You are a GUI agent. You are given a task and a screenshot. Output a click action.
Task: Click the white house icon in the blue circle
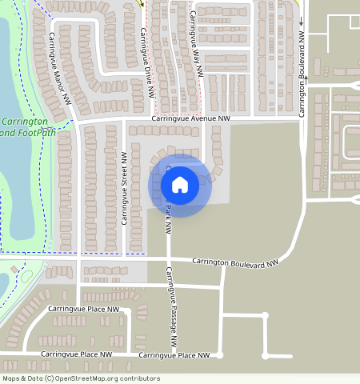[180, 185]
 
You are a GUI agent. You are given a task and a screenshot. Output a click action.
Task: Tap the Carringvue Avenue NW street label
[190, 118]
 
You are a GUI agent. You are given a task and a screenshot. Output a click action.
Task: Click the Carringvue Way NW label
[195, 48]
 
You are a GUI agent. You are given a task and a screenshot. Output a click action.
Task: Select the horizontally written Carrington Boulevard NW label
[235, 261]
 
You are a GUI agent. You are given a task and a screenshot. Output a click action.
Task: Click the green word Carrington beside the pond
[25, 122]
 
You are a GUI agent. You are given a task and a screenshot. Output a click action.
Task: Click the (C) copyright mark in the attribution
[50, 378]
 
